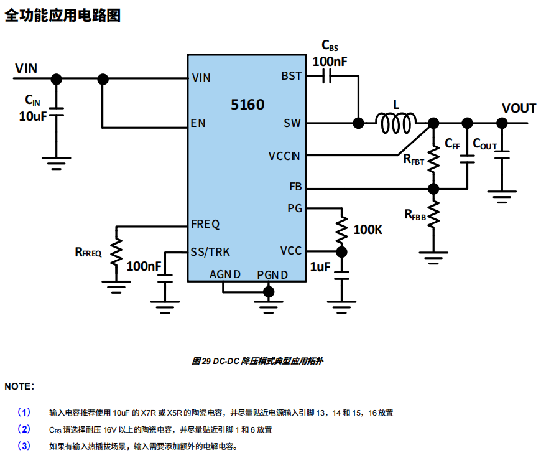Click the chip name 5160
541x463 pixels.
(x=247, y=105)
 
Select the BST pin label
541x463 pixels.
(x=291, y=76)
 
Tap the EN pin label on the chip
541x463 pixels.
(x=198, y=123)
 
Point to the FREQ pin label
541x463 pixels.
(x=205, y=224)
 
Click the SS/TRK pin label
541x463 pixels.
(x=210, y=251)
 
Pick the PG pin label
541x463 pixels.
(x=295, y=208)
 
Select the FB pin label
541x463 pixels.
(x=295, y=187)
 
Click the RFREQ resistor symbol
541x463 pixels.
(x=116, y=253)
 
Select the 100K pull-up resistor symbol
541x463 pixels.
(x=341, y=230)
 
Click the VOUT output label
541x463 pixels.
(x=519, y=108)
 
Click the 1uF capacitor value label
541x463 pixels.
(x=320, y=267)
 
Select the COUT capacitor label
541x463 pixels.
(x=485, y=144)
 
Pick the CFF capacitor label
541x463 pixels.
(x=452, y=144)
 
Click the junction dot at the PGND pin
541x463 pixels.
(x=269, y=291)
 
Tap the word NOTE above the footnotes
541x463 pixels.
(x=19, y=386)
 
